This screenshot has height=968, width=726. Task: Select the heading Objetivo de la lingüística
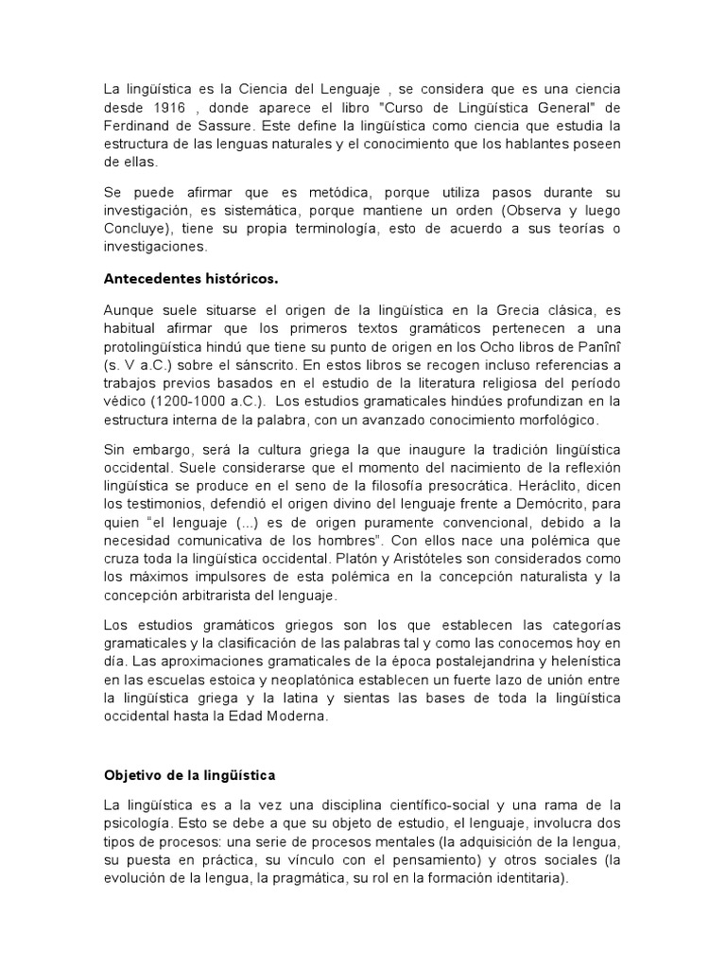pyautogui.click(x=188, y=775)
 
